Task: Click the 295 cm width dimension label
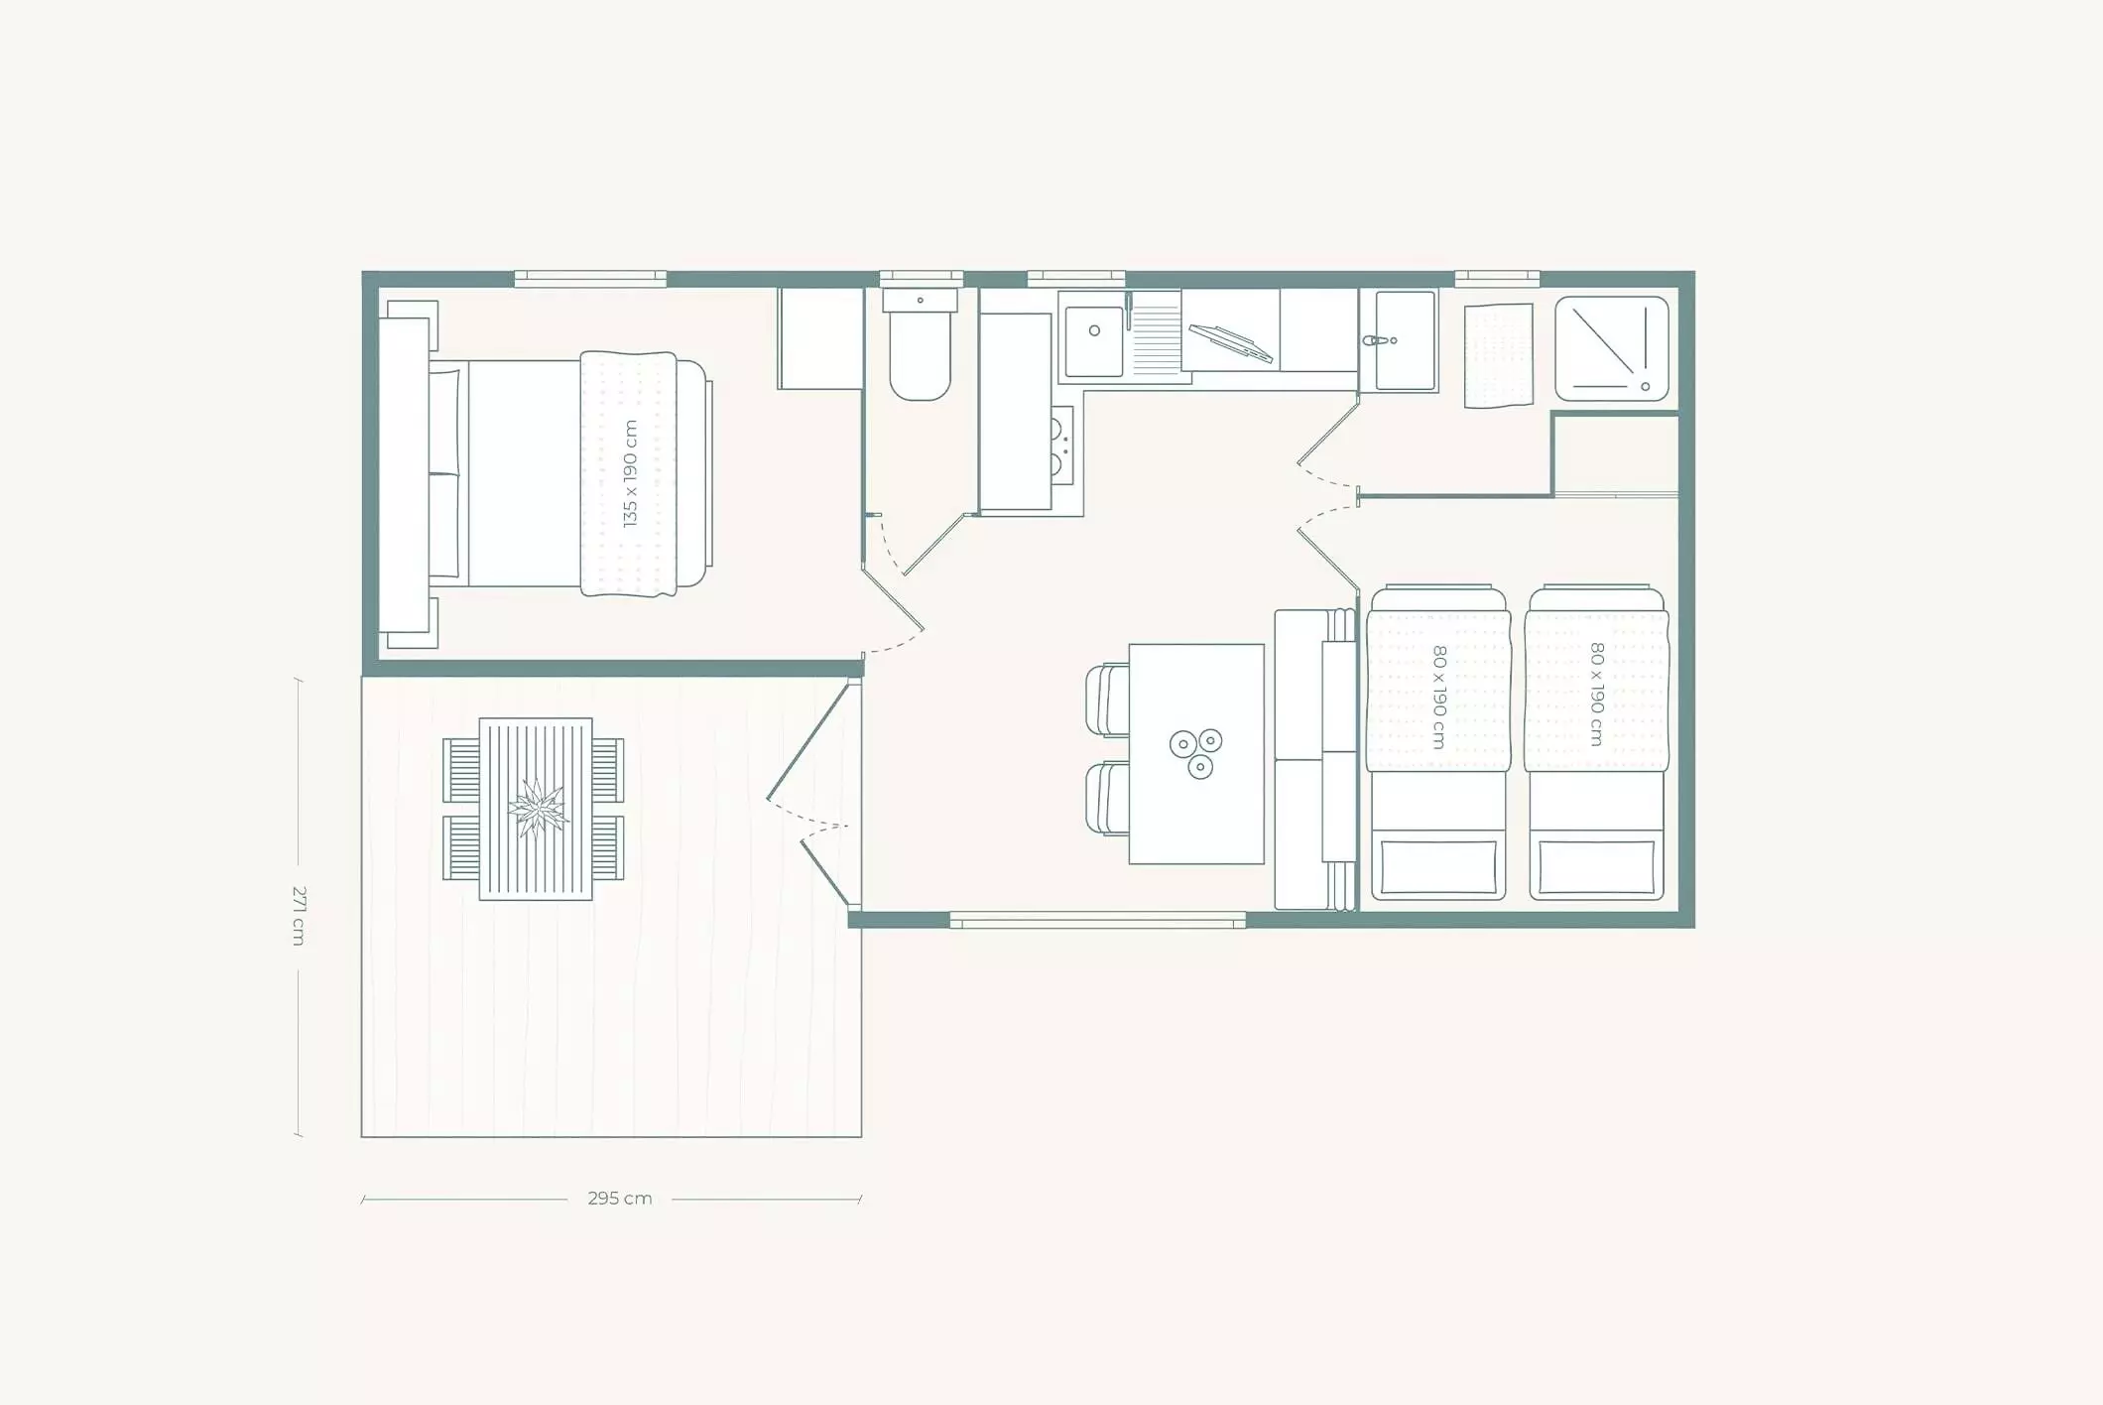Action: (620, 1199)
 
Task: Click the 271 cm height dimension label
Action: (299, 915)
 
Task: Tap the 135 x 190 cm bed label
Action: (630, 473)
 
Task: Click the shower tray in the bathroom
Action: (1611, 348)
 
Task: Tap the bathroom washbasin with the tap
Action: (1398, 340)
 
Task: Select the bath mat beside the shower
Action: (1498, 355)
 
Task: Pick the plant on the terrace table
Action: (537, 809)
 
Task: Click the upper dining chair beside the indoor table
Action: (1108, 701)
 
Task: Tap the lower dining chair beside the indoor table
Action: (1108, 798)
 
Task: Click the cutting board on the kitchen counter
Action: (1230, 343)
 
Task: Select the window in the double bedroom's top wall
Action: (590, 279)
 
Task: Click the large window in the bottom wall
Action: (1097, 920)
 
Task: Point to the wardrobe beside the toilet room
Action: (820, 338)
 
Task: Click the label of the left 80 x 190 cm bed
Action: (1439, 697)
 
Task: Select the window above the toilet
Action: (922, 279)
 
